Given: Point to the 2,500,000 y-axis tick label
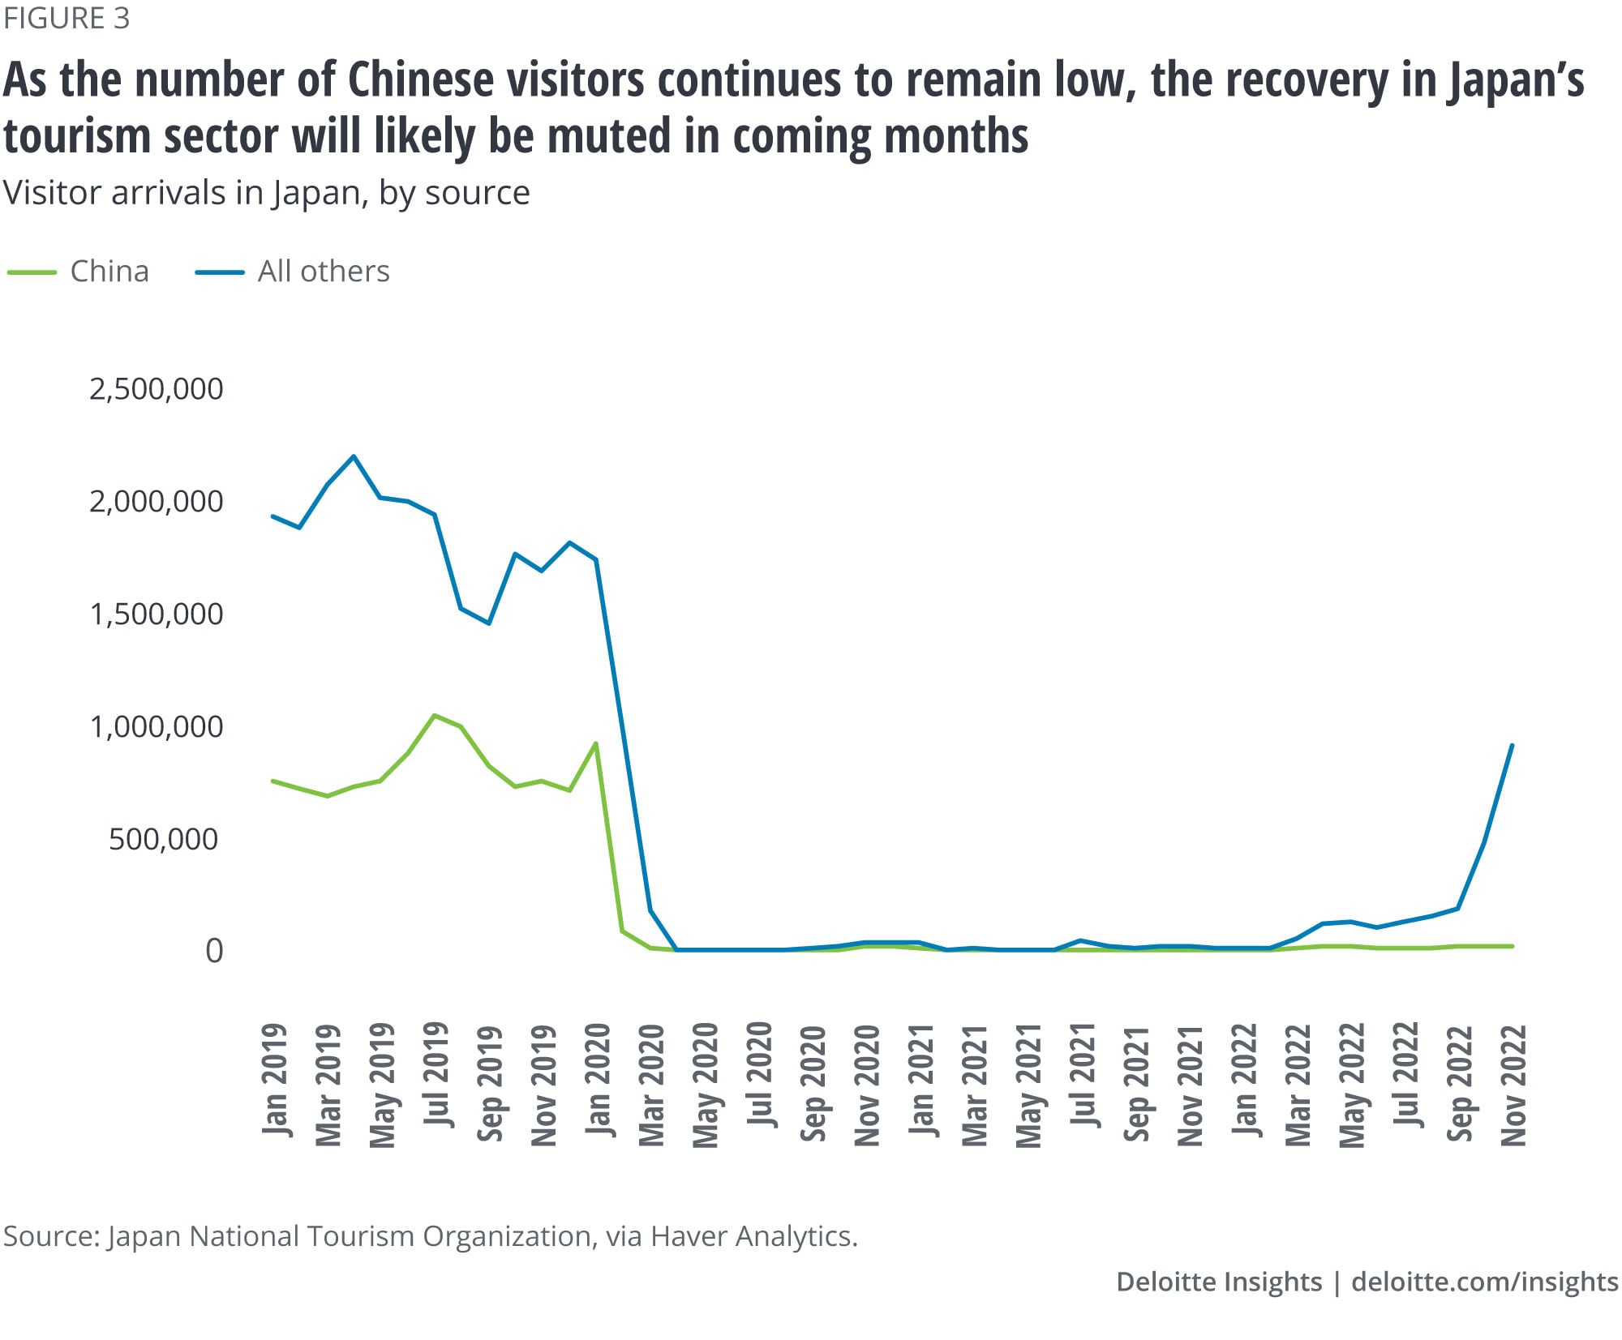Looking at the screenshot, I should (x=156, y=389).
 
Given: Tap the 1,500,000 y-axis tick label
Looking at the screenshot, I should (x=156, y=614).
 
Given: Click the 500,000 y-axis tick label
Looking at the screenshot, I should (x=163, y=839).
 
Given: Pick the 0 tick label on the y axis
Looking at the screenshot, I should (x=213, y=951).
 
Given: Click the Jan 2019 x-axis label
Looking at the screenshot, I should (x=275, y=1079).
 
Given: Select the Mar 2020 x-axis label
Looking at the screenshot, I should (x=652, y=1085).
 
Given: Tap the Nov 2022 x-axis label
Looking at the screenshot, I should (x=1513, y=1085).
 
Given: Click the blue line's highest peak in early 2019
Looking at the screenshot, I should (x=354, y=456).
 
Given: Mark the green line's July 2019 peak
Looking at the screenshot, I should (x=435, y=715).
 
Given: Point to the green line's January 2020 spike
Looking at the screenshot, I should (x=596, y=743).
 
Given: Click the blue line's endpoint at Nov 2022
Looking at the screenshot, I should (x=1513, y=745).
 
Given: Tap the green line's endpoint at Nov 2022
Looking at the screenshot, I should (x=1513, y=946).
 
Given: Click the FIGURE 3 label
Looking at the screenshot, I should (x=67, y=18).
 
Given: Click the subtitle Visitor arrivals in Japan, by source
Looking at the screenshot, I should (x=266, y=193).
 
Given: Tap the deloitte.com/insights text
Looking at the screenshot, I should (x=1484, y=1282).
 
